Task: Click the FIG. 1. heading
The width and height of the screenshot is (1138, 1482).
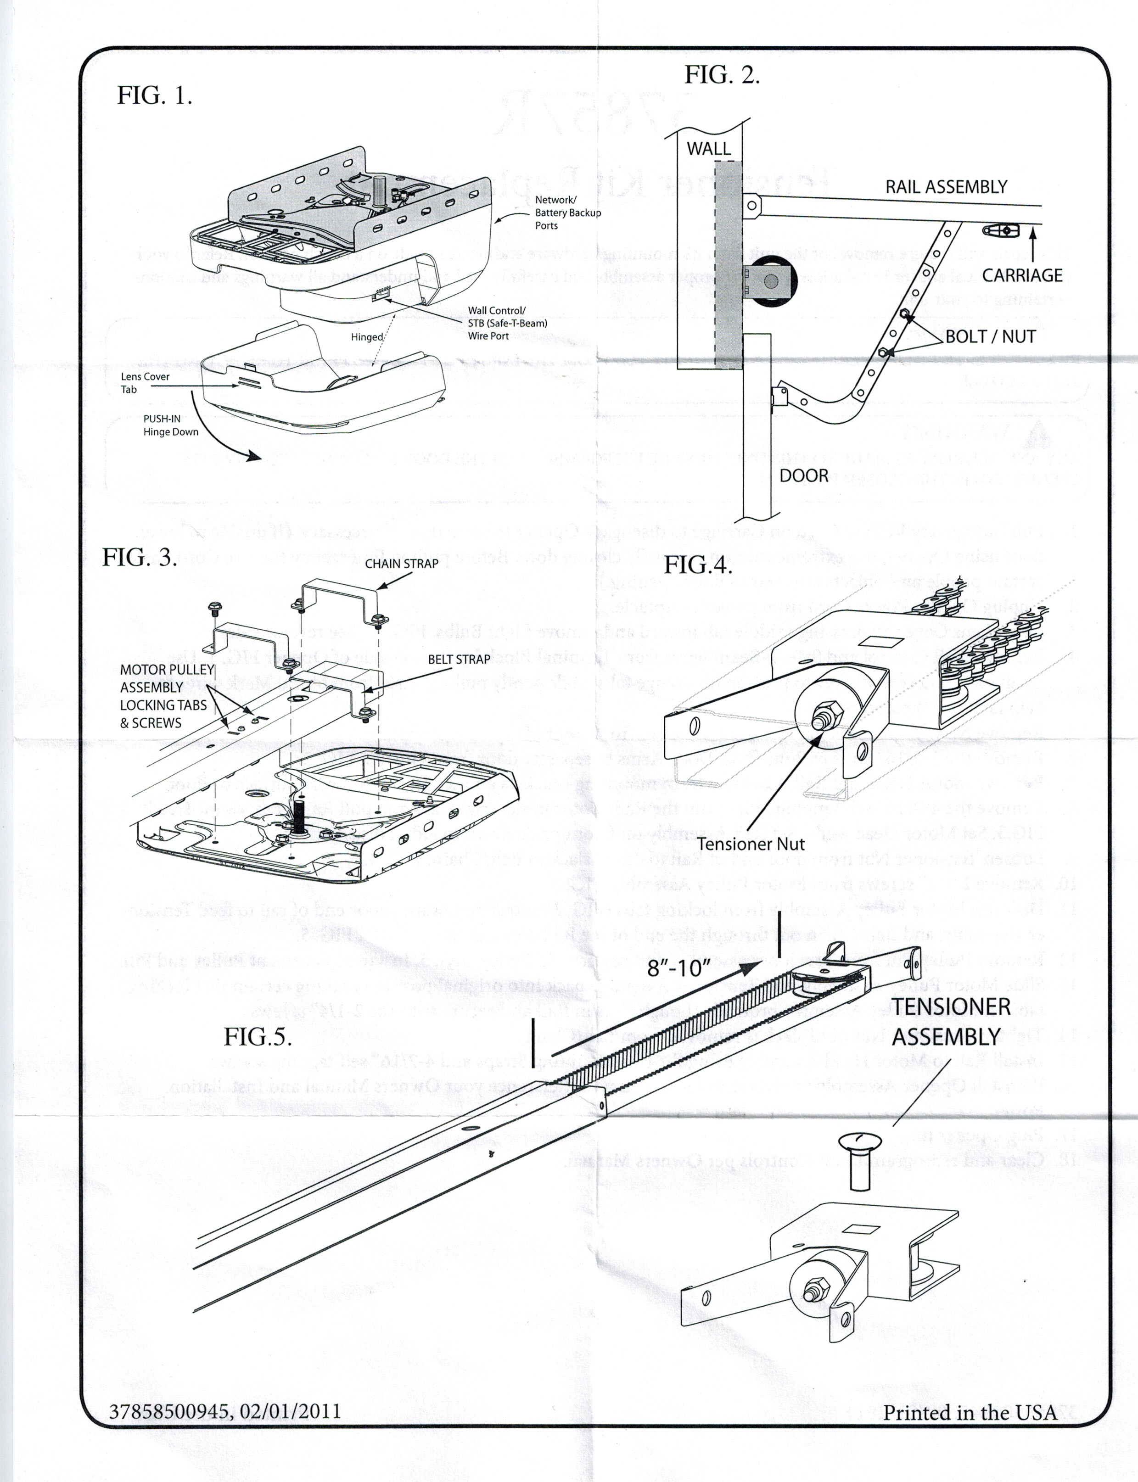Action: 154,95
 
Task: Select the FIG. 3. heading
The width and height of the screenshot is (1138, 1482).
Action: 140,558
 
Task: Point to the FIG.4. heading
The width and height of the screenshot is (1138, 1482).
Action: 698,565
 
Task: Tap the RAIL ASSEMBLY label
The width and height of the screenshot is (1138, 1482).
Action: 946,187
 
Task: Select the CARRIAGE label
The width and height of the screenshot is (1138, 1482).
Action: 1022,275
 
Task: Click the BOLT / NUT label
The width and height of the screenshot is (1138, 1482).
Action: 990,336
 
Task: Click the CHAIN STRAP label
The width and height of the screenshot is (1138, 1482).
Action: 402,564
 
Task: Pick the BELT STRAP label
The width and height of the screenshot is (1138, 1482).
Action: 459,659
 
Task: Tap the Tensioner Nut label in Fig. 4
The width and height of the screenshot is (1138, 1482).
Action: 751,844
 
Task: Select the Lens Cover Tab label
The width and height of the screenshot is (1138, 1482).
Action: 145,383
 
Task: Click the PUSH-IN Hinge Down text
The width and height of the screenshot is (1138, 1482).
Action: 171,425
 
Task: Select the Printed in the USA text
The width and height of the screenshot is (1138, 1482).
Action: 970,1412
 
